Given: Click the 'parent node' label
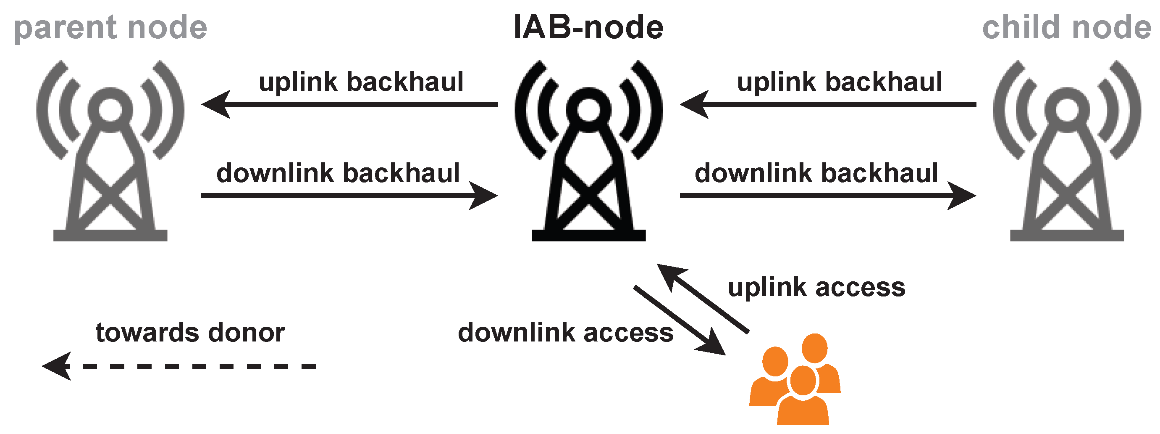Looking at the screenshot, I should click(110, 28).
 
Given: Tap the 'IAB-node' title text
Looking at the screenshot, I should click(588, 28).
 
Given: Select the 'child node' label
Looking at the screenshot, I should click(1066, 28).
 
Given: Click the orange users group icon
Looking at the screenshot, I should click(795, 381).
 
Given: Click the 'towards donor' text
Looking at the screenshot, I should click(189, 333).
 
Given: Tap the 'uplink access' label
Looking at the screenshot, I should click(816, 288).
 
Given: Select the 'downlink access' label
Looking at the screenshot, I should click(565, 333).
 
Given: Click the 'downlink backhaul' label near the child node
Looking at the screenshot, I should click(816, 173).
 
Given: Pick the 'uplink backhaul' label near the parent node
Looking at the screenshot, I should click(361, 82).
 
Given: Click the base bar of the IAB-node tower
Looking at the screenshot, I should click(588, 235).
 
